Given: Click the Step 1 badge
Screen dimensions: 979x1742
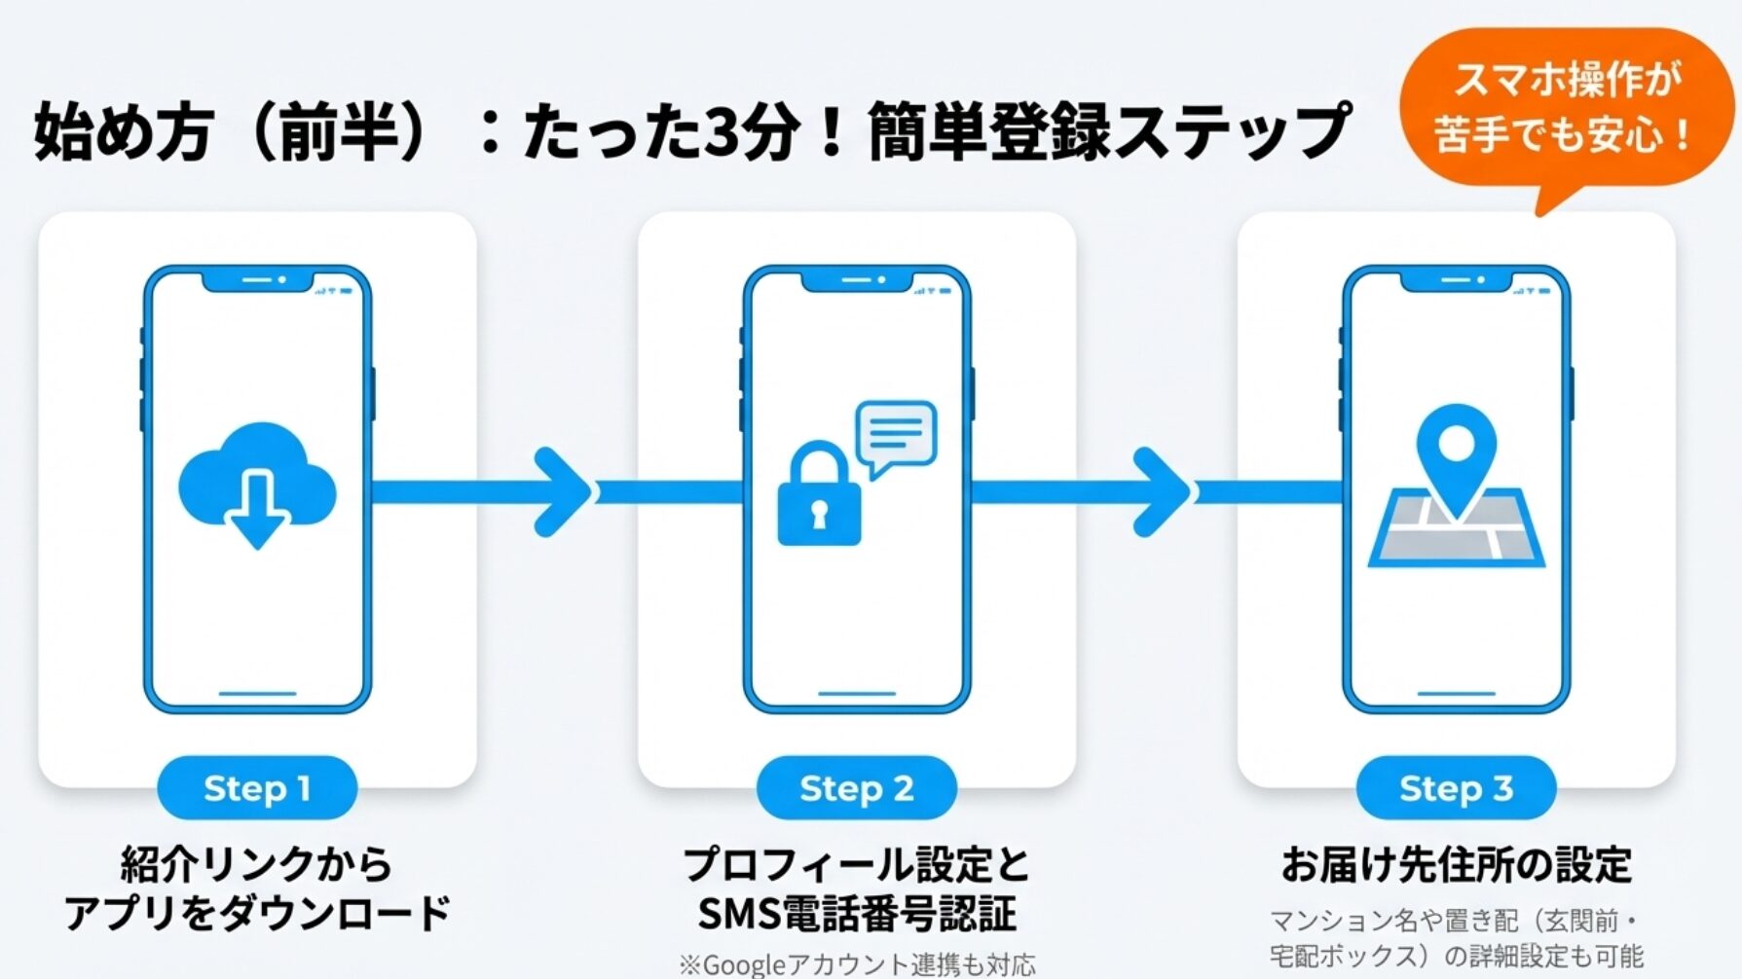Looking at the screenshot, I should click(257, 788).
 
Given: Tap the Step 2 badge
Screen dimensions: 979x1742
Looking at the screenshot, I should click(856, 788).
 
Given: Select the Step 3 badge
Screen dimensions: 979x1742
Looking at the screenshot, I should click(1456, 788).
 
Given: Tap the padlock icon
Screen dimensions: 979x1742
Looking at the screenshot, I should click(819, 496).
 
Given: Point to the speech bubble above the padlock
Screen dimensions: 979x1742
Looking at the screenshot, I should click(896, 434).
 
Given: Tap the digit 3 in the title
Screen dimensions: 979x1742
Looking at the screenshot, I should click(720, 132).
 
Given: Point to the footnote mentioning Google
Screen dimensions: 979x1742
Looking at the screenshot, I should click(857, 964).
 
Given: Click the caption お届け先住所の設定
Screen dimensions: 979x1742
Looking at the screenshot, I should click(1456, 864).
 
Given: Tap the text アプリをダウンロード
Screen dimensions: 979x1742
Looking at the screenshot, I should click(257, 914).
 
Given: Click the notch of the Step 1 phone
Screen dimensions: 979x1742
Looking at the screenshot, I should click(257, 280).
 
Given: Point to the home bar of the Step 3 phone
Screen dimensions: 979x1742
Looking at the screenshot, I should click(1456, 694).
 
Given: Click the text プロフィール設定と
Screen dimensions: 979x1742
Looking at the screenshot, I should click(856, 864).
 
